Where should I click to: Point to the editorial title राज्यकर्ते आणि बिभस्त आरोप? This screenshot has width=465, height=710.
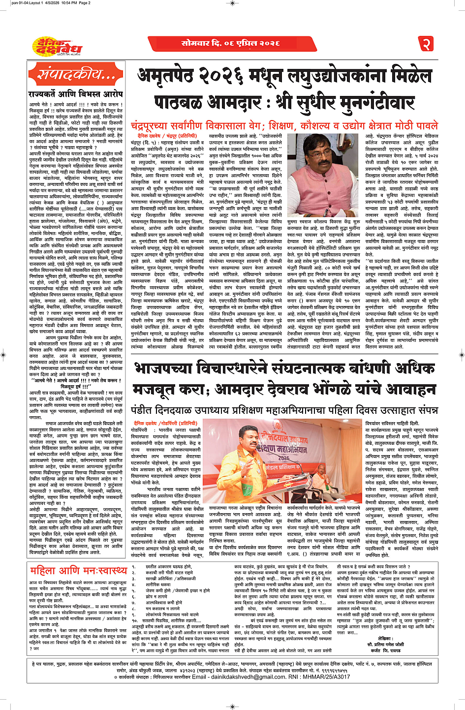75,93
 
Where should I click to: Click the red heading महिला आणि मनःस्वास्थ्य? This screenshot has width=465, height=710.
78,570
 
